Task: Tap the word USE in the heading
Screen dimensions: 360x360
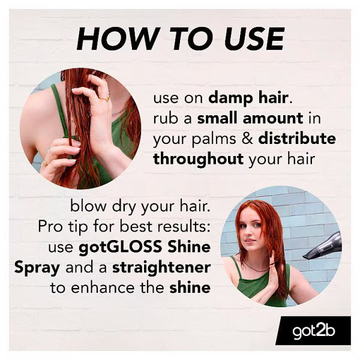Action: pos(254,38)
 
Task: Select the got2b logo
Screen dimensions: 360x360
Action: pos(314,331)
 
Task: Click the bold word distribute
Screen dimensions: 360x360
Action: pos(297,139)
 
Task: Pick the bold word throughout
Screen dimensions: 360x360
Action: pos(199,160)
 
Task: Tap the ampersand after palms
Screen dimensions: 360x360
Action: pos(247,139)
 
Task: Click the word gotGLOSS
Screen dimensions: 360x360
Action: pos(121,247)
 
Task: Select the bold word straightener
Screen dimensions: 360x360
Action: pos(161,268)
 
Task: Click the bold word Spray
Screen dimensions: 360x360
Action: pos(37,268)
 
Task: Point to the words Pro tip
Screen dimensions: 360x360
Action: pos(62,227)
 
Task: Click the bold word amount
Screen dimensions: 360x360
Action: pos(273,118)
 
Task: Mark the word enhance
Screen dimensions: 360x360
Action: pos(103,288)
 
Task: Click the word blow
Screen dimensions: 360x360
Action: pos(88,206)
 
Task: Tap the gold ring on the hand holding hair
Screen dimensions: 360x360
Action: pos(104,99)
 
